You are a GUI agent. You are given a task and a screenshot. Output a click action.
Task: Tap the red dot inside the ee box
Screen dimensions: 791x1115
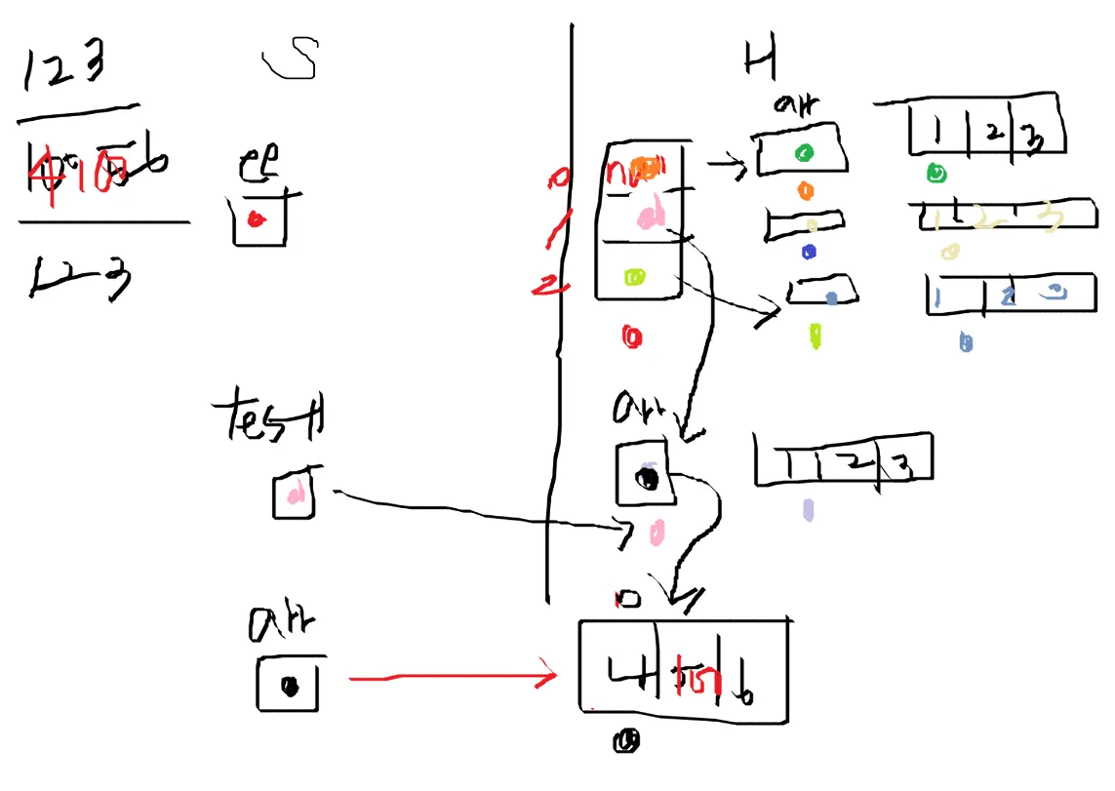click(256, 220)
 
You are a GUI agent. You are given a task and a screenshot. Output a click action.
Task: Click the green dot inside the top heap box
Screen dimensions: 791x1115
click(803, 153)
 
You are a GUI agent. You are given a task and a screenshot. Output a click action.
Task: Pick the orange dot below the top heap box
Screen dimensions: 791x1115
click(806, 190)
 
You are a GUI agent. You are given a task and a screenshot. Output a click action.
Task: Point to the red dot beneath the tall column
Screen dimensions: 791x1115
click(631, 337)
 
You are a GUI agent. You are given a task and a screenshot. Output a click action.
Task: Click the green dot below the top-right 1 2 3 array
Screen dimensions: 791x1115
click(935, 175)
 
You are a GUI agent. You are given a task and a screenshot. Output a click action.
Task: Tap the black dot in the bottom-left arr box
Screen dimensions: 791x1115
click(289, 686)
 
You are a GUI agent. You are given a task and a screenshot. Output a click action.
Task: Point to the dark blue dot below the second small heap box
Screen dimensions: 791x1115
click(808, 252)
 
